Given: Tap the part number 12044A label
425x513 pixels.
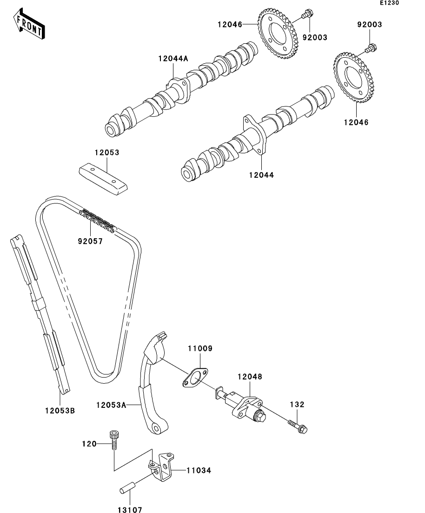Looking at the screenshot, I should pos(173,59).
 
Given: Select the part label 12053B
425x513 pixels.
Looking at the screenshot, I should pos(60,411).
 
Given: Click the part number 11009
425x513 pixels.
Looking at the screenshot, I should pos(200,348).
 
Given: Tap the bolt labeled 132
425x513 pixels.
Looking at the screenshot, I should pos(298,426).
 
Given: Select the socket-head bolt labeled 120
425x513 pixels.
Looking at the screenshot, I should pos(114,440).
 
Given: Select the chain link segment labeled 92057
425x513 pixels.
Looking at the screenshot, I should pos(98,220).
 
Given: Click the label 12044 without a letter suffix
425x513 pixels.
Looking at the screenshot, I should pos(261,175).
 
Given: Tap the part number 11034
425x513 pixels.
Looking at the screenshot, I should pos(199,471).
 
